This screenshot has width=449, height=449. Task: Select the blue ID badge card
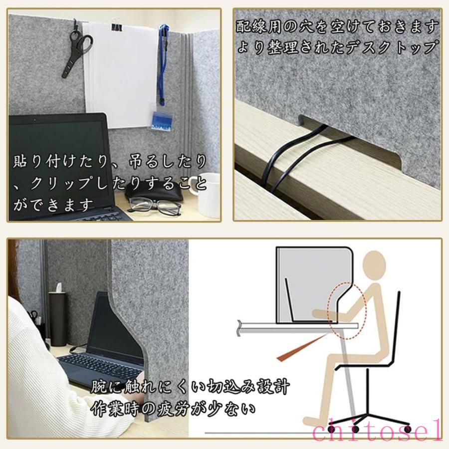tap(162, 121)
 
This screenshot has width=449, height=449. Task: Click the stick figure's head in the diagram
tap(375, 264)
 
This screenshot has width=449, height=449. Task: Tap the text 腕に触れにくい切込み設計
tap(190, 387)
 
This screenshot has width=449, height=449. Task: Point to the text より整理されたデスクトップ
tap(338, 47)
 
